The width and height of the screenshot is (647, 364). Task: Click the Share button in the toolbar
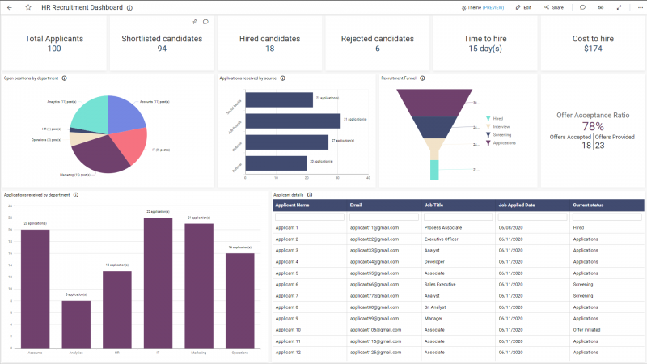point(553,7)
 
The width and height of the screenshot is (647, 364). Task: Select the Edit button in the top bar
point(523,7)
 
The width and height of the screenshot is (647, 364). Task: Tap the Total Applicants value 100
point(54,49)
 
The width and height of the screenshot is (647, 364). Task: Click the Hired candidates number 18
point(269,49)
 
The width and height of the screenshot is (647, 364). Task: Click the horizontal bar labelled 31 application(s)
point(293,121)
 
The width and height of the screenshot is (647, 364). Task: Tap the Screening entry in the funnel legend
point(501,134)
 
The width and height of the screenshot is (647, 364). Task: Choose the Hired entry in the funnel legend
point(497,118)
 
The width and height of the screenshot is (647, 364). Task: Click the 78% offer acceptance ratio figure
point(593,126)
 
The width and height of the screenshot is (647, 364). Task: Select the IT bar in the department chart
point(159,282)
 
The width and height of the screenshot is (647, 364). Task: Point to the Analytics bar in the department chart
point(76,324)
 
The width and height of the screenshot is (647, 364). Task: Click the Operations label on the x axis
point(240,353)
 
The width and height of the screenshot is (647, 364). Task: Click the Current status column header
point(588,205)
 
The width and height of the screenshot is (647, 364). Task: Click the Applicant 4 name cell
point(287,261)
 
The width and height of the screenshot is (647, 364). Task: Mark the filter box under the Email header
point(383,216)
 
